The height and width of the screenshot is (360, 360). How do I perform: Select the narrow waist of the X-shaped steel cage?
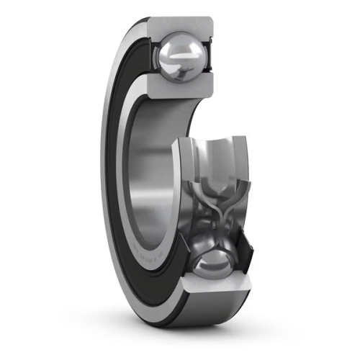point(212,216)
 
